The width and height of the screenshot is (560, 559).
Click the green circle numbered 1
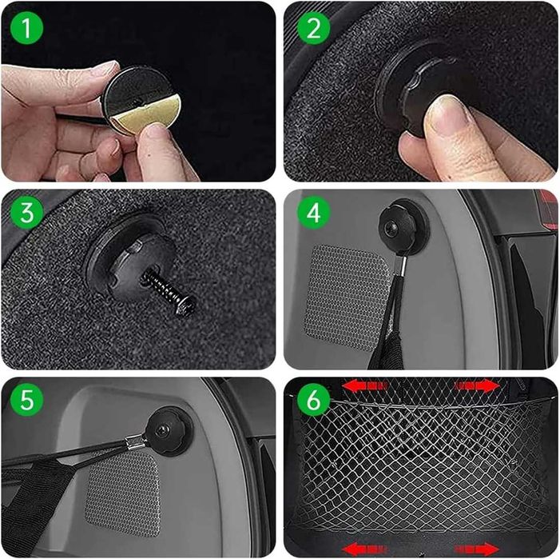click(27, 27)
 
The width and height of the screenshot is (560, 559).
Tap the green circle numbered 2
click(314, 27)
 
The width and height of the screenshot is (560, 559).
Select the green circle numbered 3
click(27, 212)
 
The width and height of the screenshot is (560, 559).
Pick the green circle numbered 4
click(314, 212)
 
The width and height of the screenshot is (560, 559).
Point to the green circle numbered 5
click(27, 399)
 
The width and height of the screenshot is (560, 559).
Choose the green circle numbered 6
click(314, 399)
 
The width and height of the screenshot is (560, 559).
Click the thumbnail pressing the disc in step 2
click(445, 114)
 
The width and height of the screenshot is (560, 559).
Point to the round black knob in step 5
click(168, 430)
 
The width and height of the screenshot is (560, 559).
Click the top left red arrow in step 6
click(364, 386)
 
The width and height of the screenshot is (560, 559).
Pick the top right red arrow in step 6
click(476, 386)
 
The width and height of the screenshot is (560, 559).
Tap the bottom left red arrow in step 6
click(364, 549)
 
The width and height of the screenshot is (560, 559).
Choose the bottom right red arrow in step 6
click(476, 549)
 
